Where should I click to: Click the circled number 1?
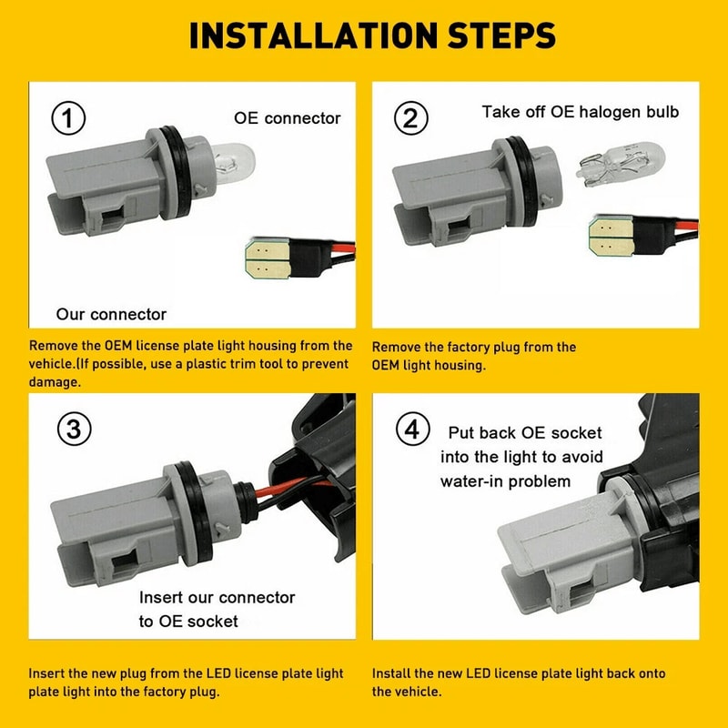[x=68, y=118]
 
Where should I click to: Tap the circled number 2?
[x=411, y=118]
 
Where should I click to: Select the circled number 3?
[x=75, y=429]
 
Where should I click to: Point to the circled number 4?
[x=413, y=429]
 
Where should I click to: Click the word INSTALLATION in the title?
[x=313, y=35]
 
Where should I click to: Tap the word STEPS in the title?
[x=501, y=35]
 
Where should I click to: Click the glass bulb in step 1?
[x=233, y=163]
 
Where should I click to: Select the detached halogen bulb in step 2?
[x=621, y=165]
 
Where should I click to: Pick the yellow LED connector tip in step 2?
[x=611, y=236]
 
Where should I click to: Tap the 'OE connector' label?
[x=288, y=118]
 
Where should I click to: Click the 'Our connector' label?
[x=111, y=314]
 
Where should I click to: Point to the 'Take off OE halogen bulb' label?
[x=581, y=112]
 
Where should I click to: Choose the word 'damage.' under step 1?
[x=55, y=381]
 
